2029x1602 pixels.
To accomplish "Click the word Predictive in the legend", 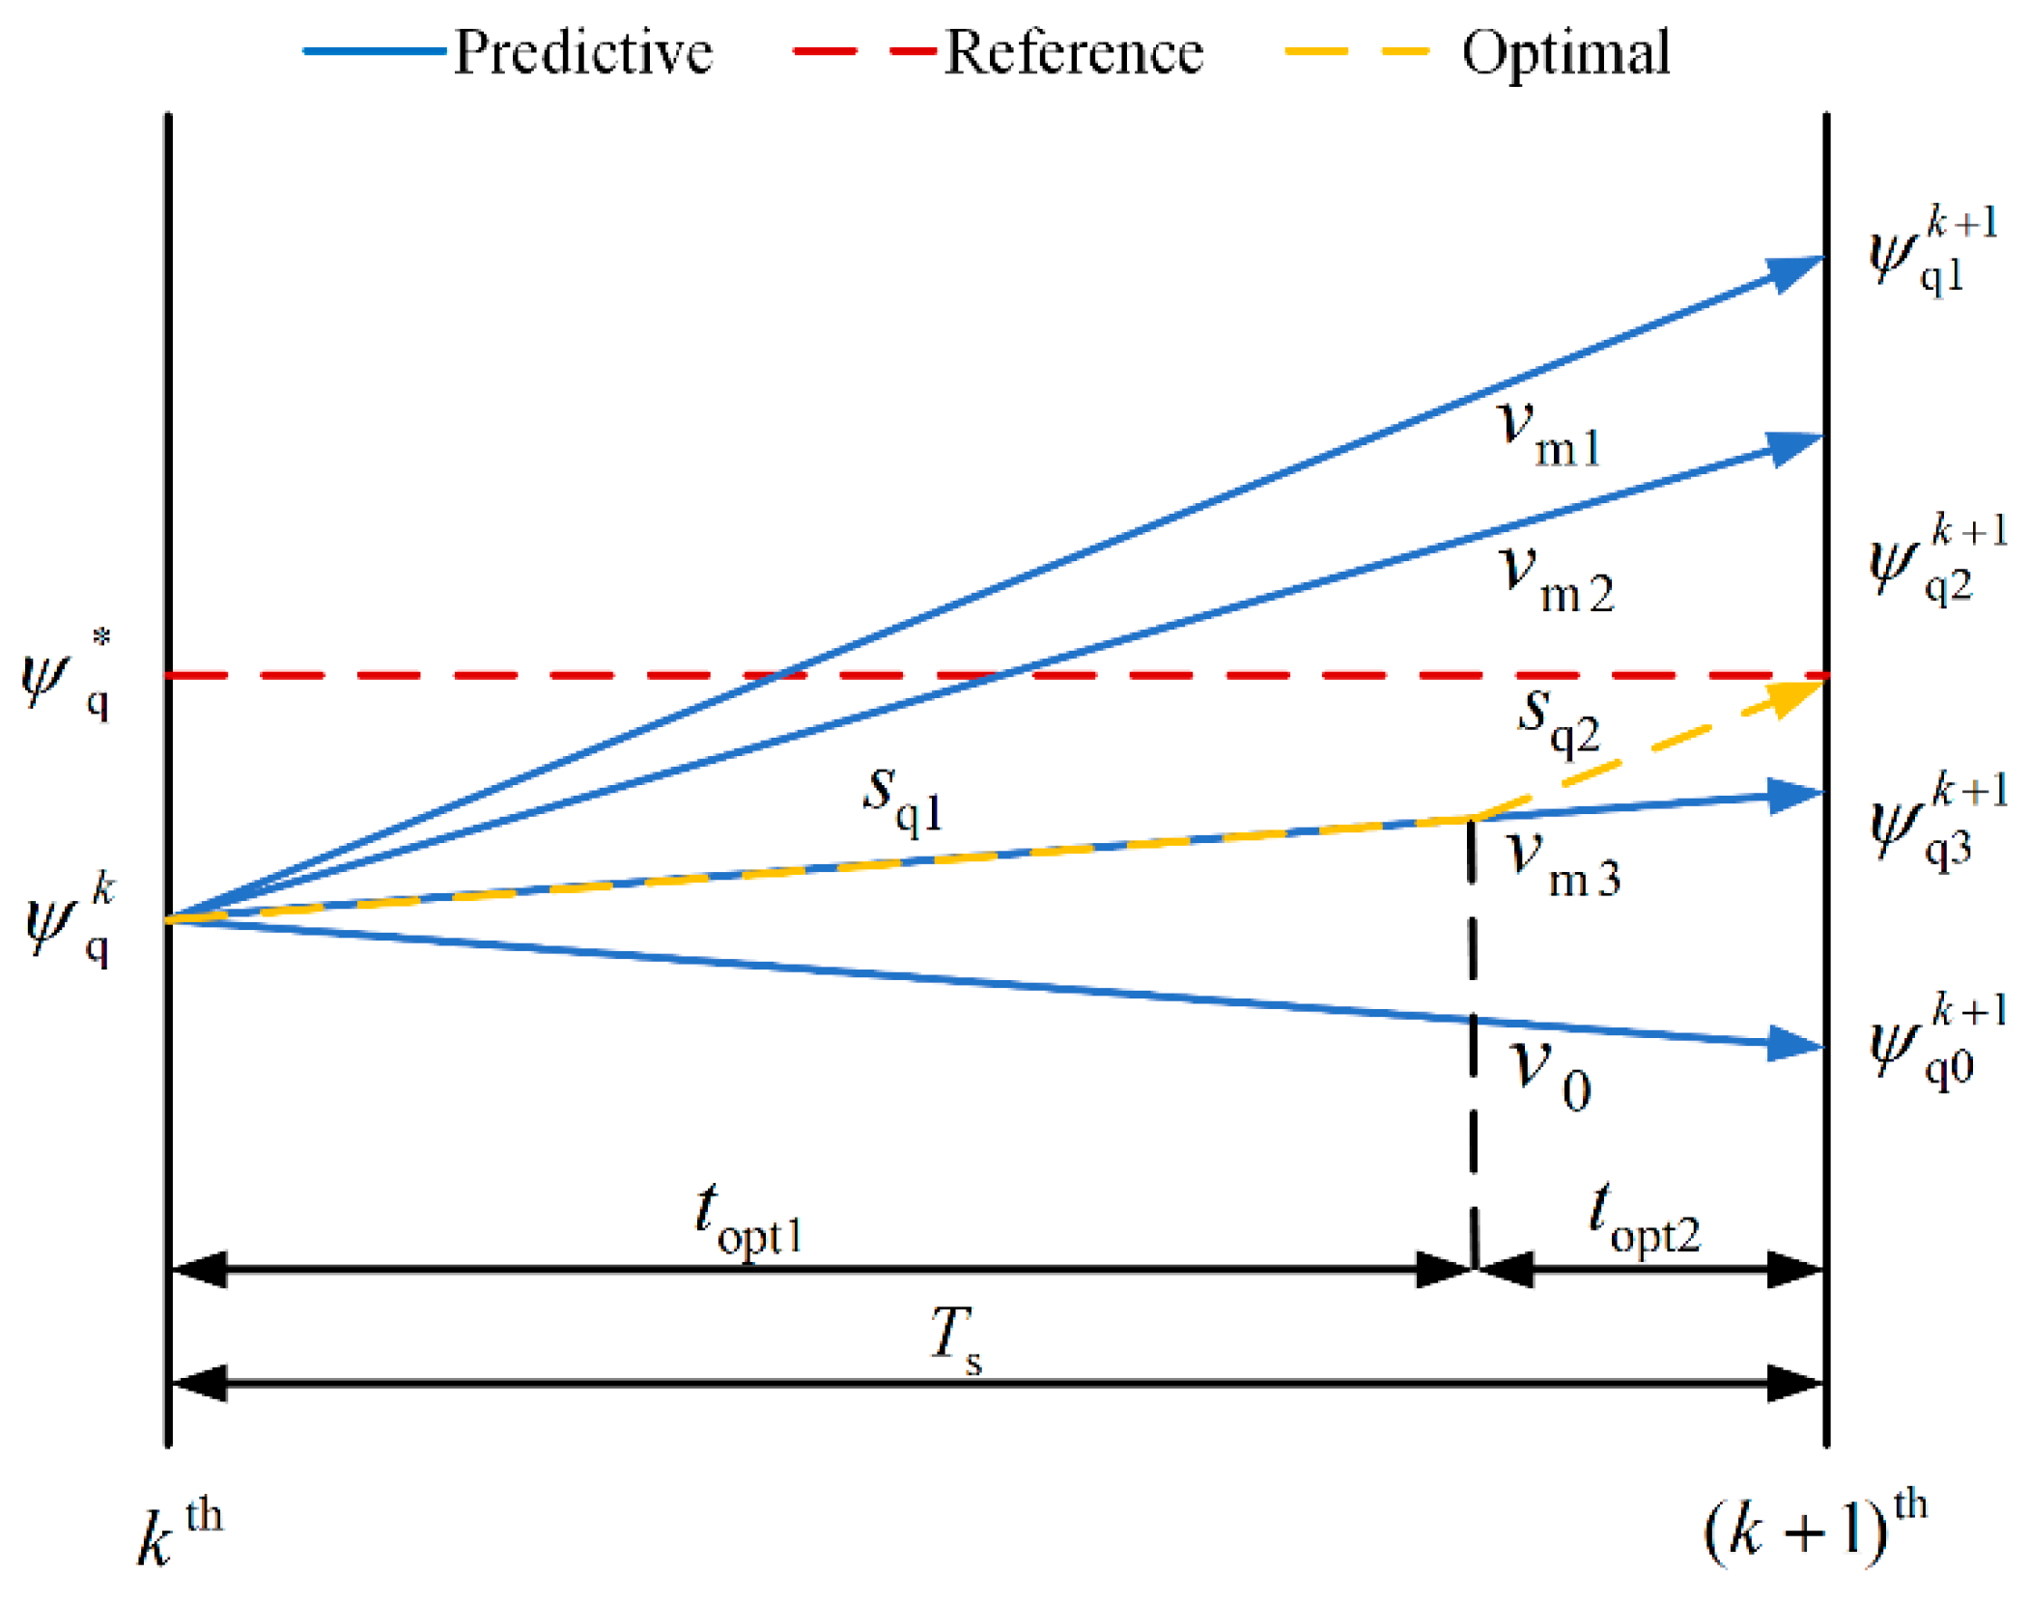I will (582, 52).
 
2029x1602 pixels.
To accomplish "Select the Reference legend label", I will (1073, 52).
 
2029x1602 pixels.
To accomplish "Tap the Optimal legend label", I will (1564, 52).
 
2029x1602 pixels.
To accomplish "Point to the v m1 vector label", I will (1546, 435).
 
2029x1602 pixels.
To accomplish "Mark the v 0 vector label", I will (1548, 1075).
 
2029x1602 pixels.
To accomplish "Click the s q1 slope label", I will (902, 800).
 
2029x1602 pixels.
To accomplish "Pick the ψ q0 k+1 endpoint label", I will (1936, 1043).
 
